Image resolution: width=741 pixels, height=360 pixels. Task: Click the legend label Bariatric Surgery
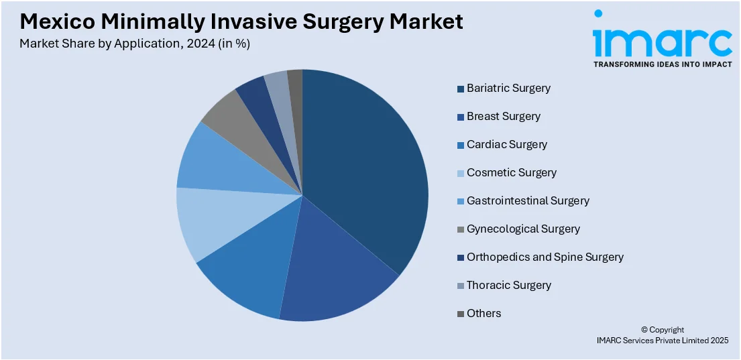tap(508, 88)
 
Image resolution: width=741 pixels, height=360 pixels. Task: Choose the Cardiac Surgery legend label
tap(507, 144)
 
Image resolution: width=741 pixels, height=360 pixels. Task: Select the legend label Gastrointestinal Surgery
tap(528, 200)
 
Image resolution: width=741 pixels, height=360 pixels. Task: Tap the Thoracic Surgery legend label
tap(509, 285)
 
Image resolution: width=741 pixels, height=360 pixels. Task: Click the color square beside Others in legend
tap(461, 314)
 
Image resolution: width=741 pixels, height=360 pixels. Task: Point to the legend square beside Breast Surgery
tap(461, 117)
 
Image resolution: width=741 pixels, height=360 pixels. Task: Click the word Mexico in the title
tap(56, 21)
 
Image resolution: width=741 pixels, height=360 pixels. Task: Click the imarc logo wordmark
tap(661, 40)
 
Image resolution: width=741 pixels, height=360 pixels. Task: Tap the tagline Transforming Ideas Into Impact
tap(661, 64)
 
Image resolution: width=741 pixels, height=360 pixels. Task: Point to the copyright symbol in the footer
tap(644, 330)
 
